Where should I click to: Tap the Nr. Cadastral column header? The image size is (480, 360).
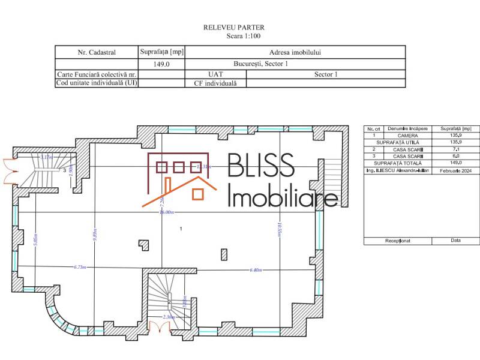[97, 52]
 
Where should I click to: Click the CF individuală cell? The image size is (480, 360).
[215, 83]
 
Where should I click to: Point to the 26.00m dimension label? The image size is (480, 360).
[166, 212]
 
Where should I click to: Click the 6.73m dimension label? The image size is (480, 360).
[80, 267]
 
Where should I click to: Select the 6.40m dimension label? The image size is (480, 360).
[256, 270]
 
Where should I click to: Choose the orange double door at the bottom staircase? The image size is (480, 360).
[159, 328]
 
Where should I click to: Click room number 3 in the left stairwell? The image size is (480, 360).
[64, 170]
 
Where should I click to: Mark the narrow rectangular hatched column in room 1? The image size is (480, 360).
[223, 254]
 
